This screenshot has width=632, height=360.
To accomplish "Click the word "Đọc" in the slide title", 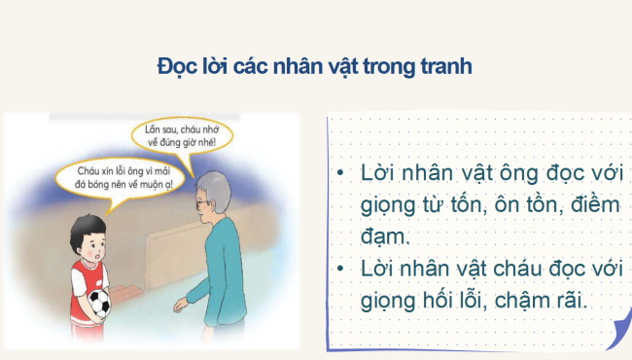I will [x=177, y=67].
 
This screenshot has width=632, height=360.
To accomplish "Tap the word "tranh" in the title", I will [x=447, y=67].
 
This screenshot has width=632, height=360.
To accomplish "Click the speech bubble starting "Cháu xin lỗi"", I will [x=116, y=179].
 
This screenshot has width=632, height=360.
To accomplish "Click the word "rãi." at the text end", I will [x=568, y=300].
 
